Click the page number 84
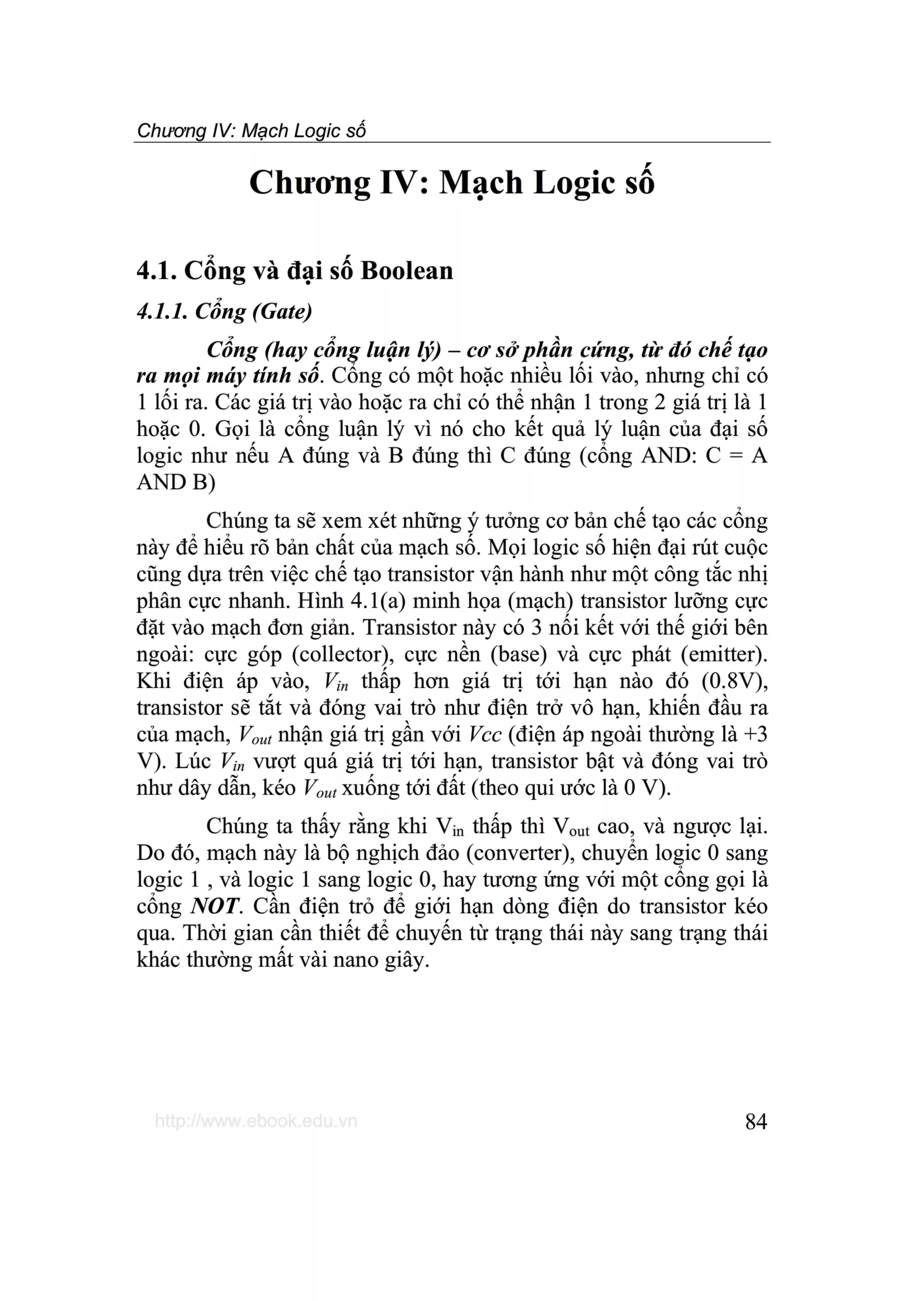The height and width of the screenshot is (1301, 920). pyautogui.click(x=756, y=1121)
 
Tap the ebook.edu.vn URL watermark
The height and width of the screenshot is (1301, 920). pyautogui.click(x=256, y=1121)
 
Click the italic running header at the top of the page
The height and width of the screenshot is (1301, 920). pyautogui.click(x=251, y=131)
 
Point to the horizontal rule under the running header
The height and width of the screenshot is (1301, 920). pyautogui.click(x=452, y=143)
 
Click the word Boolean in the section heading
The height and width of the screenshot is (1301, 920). pyautogui.click(x=407, y=271)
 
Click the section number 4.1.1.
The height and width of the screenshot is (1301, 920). pyautogui.click(x=162, y=311)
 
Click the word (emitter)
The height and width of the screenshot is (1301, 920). pyautogui.click(x=724, y=655)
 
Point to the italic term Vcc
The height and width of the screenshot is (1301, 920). pyautogui.click(x=485, y=734)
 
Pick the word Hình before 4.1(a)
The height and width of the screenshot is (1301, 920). pyautogui.click(x=320, y=601)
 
